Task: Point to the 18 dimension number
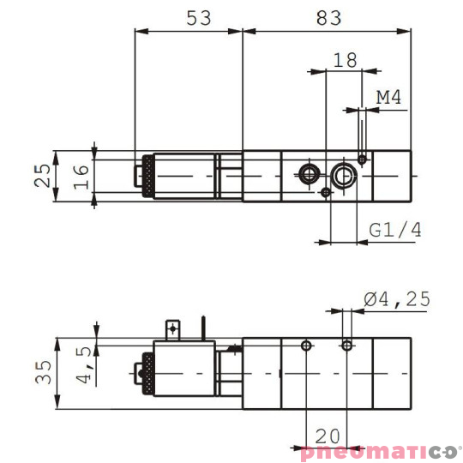pos(344,60)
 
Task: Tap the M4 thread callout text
pos(389,98)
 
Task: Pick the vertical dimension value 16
pos(81,177)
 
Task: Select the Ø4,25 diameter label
pos(396,299)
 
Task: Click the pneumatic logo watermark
pos(381,452)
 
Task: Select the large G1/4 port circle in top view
pos(346,176)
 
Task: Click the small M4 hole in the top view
pos(364,159)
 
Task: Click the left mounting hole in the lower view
pos(306,346)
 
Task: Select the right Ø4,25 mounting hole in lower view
pos(346,346)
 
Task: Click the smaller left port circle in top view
pos(308,176)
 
